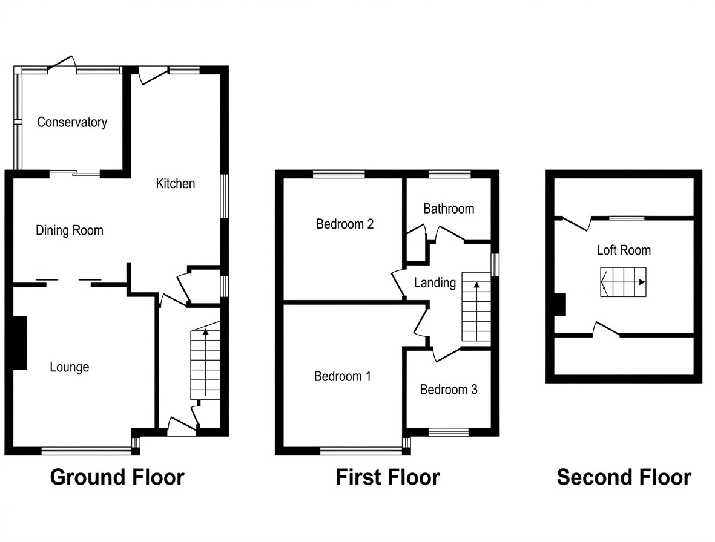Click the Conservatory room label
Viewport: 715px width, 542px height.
pyautogui.click(x=72, y=122)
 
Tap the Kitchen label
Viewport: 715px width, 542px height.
pyautogui.click(x=176, y=183)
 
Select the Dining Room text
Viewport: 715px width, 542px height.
pyautogui.click(x=70, y=230)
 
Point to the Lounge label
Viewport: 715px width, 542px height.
pyautogui.click(x=70, y=367)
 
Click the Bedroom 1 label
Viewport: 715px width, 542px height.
pyautogui.click(x=343, y=377)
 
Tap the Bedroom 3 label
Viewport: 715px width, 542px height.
pyautogui.click(x=449, y=390)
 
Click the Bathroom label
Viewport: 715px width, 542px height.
pyautogui.click(x=449, y=209)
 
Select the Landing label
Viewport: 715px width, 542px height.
pyautogui.click(x=435, y=282)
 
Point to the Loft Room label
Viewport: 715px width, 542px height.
pyautogui.click(x=624, y=250)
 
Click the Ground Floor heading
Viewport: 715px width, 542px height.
pyautogui.click(x=117, y=477)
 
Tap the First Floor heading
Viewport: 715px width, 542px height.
pyautogui.click(x=387, y=477)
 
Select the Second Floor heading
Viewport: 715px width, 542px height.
pyautogui.click(x=624, y=477)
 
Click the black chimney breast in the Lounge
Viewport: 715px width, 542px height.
pyautogui.click(x=20, y=343)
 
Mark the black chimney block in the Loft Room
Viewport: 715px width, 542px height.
pyautogui.click(x=560, y=304)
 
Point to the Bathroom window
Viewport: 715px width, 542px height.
pyautogui.click(x=449, y=174)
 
